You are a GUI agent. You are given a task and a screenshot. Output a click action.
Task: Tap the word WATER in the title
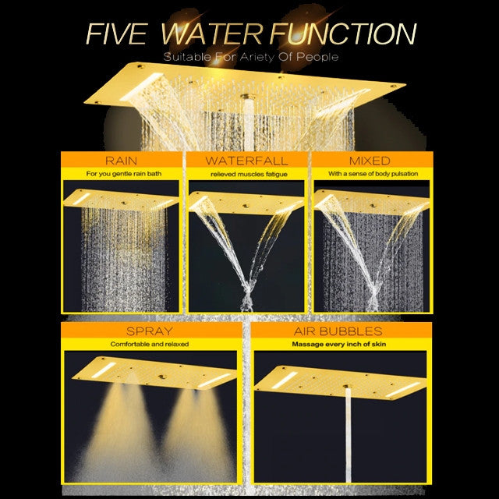[211, 34]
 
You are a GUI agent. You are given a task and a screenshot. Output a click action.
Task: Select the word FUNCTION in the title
[343, 34]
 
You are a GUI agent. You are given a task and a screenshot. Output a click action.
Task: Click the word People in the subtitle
[317, 57]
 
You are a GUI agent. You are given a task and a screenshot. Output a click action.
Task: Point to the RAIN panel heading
[122, 161]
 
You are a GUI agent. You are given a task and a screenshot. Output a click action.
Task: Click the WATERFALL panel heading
[246, 161]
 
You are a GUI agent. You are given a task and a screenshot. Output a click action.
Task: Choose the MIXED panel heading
[370, 161]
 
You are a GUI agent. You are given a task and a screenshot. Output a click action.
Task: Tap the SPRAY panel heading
[150, 331]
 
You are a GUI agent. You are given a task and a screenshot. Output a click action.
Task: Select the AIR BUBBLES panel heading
[338, 331]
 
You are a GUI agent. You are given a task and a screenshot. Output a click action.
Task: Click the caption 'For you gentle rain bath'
[123, 174]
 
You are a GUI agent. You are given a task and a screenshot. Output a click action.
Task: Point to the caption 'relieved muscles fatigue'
[249, 174]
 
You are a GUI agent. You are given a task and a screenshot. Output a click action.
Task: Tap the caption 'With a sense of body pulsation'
[373, 174]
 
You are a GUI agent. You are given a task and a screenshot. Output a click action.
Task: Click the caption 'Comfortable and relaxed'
[150, 344]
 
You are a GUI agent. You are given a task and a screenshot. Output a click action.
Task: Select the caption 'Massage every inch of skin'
[339, 344]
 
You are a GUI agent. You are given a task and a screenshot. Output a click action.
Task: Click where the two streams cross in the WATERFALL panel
[247, 290]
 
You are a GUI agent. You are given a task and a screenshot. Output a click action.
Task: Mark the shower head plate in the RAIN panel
[121, 200]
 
